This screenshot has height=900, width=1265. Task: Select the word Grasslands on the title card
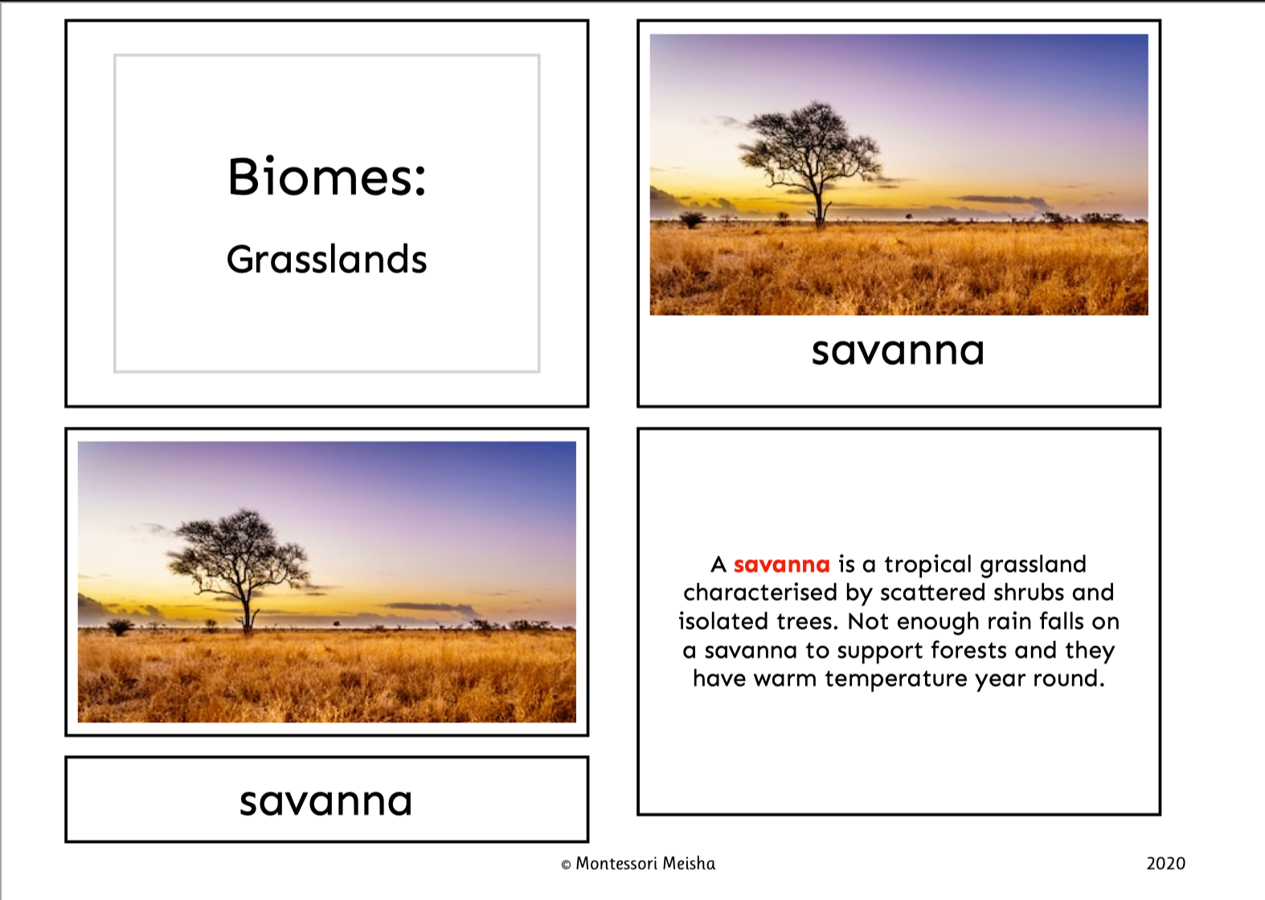point(326,260)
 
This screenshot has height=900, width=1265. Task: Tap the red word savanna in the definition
point(782,564)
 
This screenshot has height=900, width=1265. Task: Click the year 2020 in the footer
point(1165,863)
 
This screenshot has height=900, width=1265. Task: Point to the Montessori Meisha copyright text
point(638,864)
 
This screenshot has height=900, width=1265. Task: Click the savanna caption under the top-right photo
point(898,351)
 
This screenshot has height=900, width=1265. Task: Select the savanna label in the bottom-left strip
point(325,801)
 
